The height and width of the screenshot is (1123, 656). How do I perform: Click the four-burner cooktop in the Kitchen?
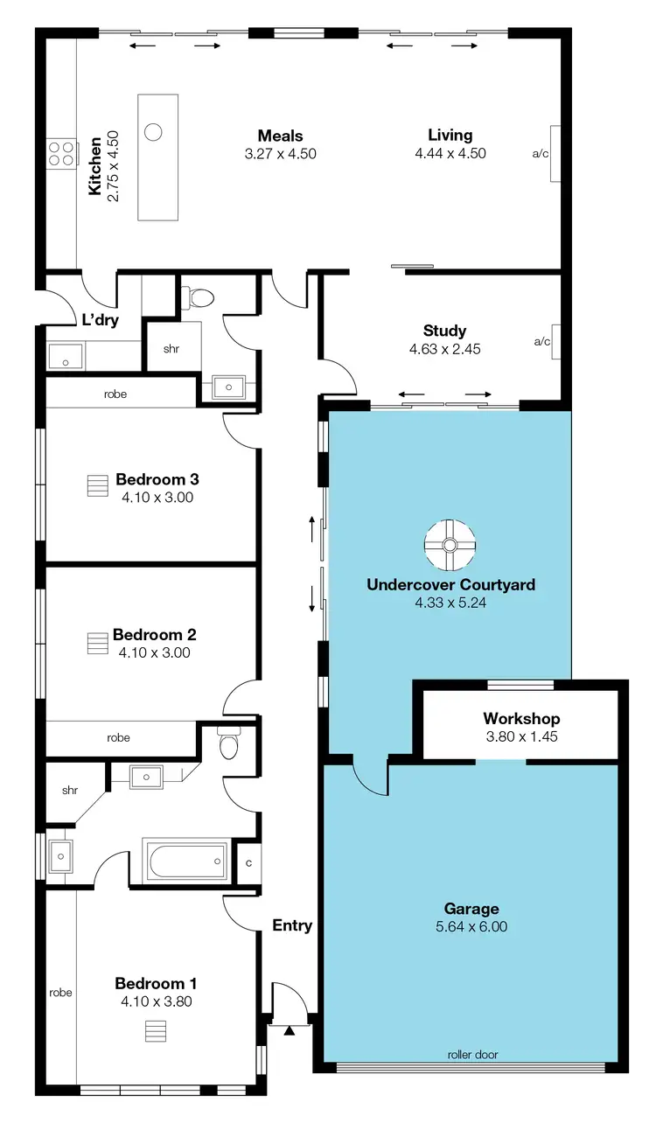coord(61,154)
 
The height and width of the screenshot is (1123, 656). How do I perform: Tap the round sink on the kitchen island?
coord(153,133)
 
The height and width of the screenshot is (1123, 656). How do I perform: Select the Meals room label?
coord(280,136)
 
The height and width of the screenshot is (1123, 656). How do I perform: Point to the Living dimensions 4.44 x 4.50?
coord(450,153)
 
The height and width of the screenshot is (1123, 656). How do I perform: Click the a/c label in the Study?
coord(541,341)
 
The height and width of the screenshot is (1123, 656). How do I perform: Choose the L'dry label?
coord(100,320)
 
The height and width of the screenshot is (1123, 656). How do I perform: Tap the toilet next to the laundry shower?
coord(201,298)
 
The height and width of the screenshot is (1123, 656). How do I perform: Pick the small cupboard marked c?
coord(248,864)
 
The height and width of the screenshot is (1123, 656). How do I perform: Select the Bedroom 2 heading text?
coord(154,635)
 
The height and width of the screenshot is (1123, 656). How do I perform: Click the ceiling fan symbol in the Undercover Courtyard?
coord(449,545)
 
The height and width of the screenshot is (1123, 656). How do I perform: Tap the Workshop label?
coord(521,719)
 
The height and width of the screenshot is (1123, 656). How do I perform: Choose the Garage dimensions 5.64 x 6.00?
coord(471,927)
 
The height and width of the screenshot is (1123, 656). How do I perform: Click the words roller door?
coord(472,1055)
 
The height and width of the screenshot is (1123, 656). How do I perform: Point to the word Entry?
coord(292,925)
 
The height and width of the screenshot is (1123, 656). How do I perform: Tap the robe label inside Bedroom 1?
coord(60,992)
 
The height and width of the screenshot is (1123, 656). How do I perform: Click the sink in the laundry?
coord(65,356)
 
